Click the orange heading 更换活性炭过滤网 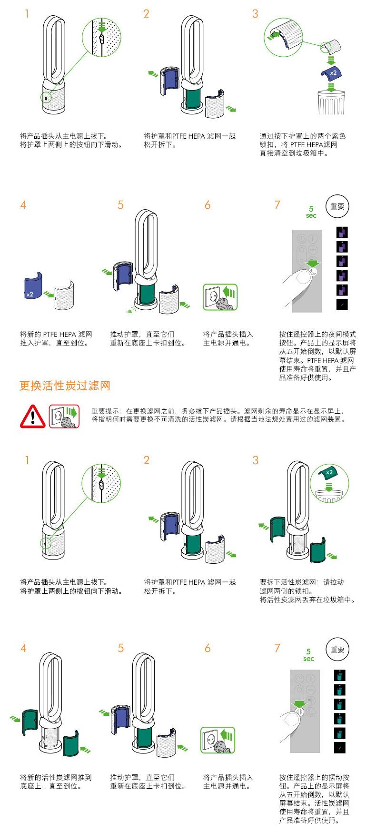tap(65, 385)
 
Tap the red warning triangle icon tap(32, 416)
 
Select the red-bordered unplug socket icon tap(64, 416)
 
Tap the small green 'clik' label tap(129, 312)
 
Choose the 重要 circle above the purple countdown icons tap(337, 206)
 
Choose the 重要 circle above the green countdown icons tap(337, 650)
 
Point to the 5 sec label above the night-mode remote tap(311, 212)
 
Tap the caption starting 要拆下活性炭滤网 tap(307, 591)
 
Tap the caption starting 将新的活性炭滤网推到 tap(56, 782)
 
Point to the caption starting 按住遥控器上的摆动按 tap(315, 799)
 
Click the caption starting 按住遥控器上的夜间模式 tap(317, 356)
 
